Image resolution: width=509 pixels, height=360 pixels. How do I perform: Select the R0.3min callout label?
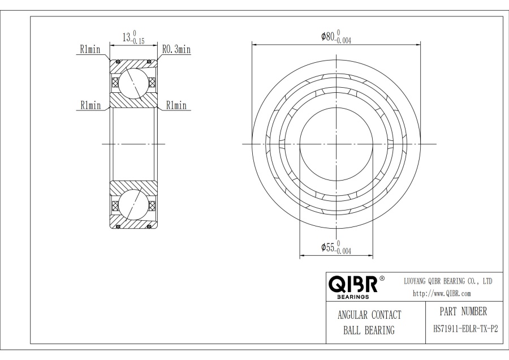[176, 50]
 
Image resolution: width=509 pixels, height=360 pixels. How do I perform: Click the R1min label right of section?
[176, 105]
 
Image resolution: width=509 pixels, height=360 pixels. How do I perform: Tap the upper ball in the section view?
[133, 83]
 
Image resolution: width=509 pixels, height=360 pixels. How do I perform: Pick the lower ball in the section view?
[133, 205]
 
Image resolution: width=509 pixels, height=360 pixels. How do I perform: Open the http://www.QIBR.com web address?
[442, 293]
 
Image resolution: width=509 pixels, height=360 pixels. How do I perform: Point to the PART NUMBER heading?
[463, 311]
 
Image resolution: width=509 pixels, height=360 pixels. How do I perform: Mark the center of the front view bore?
[336, 144]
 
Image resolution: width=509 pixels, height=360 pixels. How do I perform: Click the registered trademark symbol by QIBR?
[382, 278]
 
